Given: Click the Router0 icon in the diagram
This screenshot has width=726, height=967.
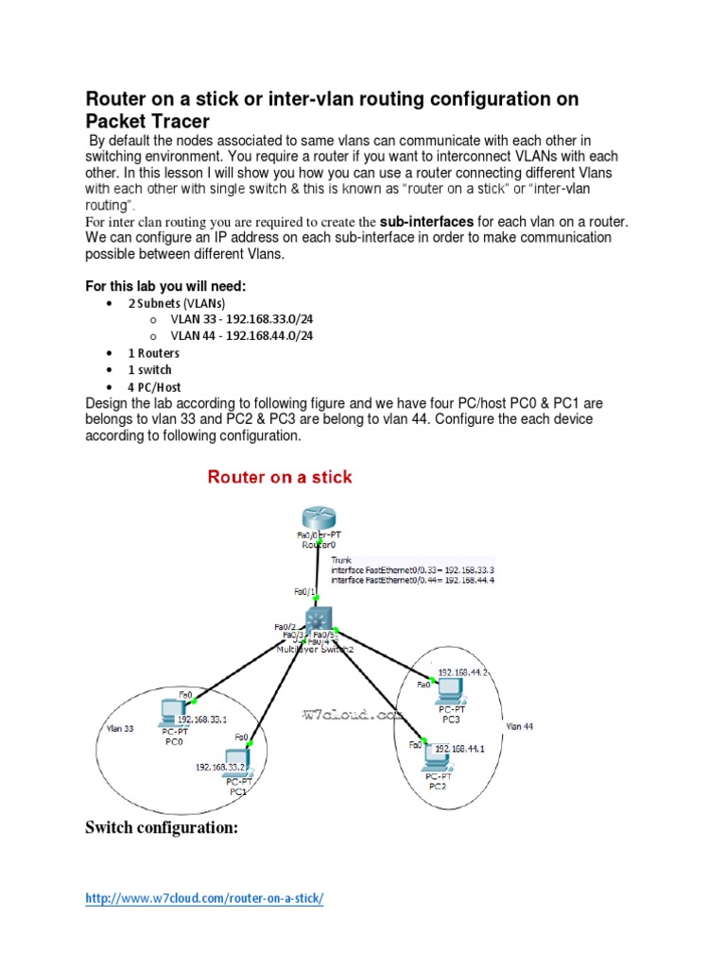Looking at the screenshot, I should pos(318,517).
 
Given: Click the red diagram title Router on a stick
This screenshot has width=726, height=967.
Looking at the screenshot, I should pos(280,477).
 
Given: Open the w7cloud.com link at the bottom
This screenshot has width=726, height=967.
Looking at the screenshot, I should pos(204,899).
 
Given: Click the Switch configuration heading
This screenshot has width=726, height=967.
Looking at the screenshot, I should pos(161,828).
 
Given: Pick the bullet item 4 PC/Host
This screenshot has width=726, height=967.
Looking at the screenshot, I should pos(154,386).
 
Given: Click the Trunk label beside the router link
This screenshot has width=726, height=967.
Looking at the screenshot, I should pos(341,559).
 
